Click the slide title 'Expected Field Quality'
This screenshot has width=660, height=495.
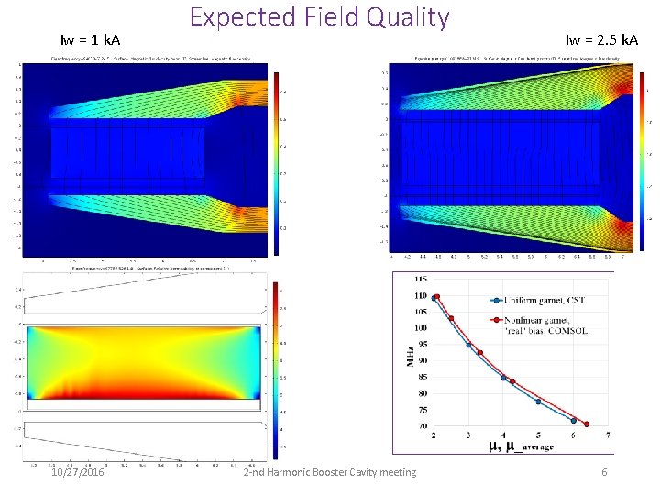[x=319, y=17]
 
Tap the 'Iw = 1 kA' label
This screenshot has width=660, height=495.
[x=90, y=40]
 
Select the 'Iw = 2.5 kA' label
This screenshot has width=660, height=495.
[x=601, y=39]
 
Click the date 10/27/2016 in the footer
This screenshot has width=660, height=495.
[x=78, y=472]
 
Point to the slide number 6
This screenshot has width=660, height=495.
[x=604, y=472]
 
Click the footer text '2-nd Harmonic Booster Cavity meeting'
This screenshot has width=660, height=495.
[x=330, y=472]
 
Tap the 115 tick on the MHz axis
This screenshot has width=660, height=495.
[x=420, y=279]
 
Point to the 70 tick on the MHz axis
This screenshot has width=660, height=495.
[x=422, y=426]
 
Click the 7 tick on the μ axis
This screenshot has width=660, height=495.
[x=608, y=434]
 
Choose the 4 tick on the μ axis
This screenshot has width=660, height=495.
[x=502, y=434]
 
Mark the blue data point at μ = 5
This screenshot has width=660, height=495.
[x=538, y=401]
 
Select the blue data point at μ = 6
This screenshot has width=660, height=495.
[x=573, y=421]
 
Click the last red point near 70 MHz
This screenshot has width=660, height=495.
[x=587, y=424]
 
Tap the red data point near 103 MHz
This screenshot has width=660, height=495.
[x=450, y=318]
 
